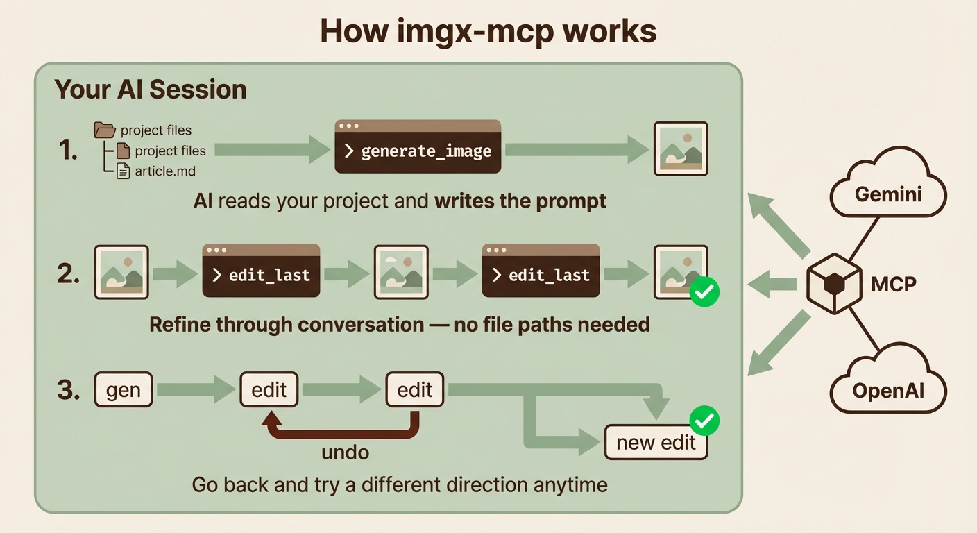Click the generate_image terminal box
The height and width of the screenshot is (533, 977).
point(418,146)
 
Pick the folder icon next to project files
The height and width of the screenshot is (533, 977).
point(105,130)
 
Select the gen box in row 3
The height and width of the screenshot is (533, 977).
point(123,389)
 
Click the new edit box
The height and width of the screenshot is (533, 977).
point(656,442)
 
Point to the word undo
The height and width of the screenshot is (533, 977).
point(345,452)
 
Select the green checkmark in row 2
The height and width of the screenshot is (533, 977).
point(704,292)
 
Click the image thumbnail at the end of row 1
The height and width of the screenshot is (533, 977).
point(681,149)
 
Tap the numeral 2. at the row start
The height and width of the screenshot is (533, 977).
point(70,273)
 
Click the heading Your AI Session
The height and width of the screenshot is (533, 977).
point(151,90)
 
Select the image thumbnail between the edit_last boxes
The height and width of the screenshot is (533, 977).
point(401,271)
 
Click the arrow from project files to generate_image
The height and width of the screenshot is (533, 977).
point(271,149)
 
